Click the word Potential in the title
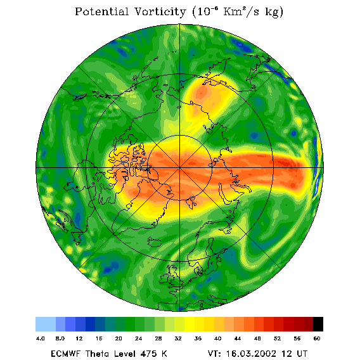[101, 11]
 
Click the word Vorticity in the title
[160, 11]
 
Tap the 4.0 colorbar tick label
[40, 338]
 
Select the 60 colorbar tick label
[317, 338]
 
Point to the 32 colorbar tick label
[178, 338]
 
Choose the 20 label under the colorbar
[119, 338]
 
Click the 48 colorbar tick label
[257, 338]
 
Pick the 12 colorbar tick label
[79, 338]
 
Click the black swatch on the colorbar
[318, 324]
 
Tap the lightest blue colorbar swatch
[46, 324]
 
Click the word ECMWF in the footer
[65, 354]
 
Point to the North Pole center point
[179, 168]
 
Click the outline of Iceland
[154, 241]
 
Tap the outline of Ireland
[164, 278]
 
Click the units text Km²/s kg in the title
[253, 11]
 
